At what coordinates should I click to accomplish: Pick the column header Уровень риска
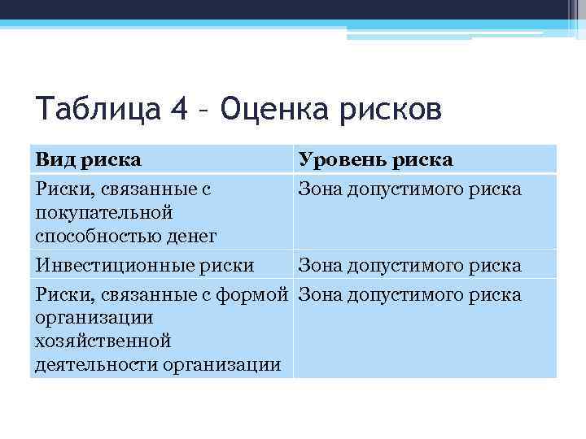tap(375, 159)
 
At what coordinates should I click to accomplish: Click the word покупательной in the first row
tap(104, 213)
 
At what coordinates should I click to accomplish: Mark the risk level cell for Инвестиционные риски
tap(409, 266)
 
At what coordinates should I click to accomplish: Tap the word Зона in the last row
tap(320, 294)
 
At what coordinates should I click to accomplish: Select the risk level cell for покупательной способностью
tap(409, 189)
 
